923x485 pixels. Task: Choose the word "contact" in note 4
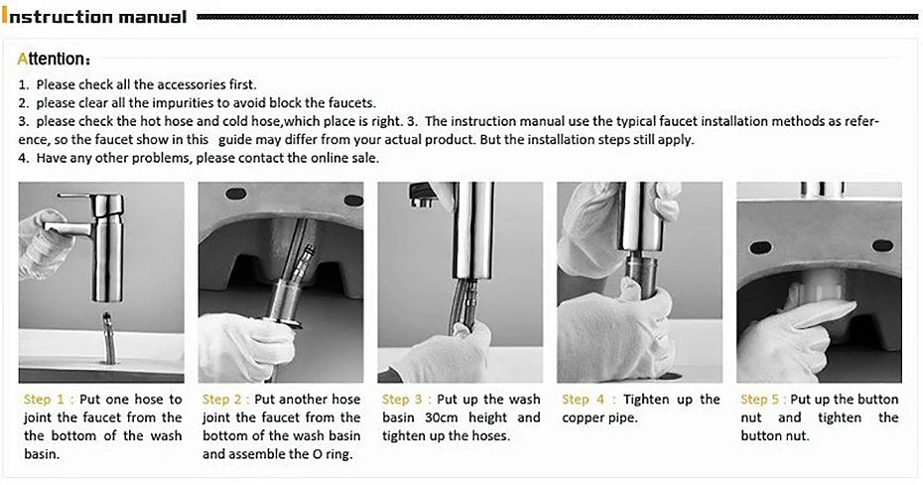(x=263, y=158)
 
